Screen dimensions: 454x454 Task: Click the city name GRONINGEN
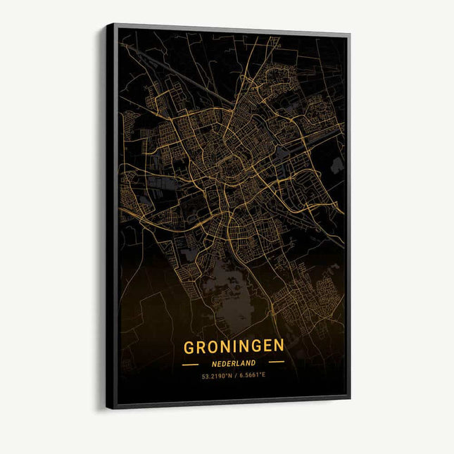[x=234, y=346]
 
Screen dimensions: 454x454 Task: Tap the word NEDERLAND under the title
[x=234, y=363]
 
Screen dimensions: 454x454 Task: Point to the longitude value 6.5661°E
[x=252, y=374]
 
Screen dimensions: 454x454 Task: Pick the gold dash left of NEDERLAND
[x=190, y=365]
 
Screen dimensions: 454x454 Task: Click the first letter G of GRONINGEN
[x=189, y=348]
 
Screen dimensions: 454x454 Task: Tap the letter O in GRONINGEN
[x=212, y=347]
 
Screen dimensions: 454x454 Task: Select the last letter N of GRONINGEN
[x=279, y=345]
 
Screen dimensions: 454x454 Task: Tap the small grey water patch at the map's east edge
[x=336, y=165]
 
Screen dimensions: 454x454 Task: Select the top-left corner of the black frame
[x=108, y=25]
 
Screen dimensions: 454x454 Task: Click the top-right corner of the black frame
[x=350, y=33]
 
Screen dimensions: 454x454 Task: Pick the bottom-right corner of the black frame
[x=350, y=398]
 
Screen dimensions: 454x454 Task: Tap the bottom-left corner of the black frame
[x=108, y=407]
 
